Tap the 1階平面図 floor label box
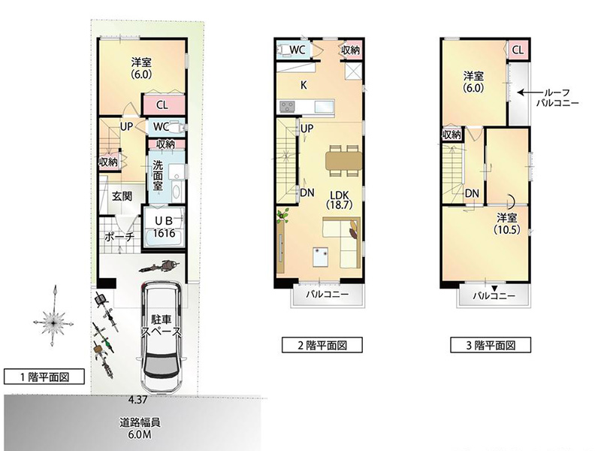click(x=44, y=377)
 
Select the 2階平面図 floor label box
click(x=322, y=345)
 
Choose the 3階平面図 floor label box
click(x=491, y=345)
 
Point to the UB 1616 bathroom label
click(x=164, y=227)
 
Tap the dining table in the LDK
click(x=344, y=160)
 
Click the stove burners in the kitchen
click(x=287, y=106)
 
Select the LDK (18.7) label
click(x=340, y=200)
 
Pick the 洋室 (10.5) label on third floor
click(x=506, y=223)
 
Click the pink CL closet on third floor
click(x=518, y=50)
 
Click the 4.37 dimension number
click(x=138, y=400)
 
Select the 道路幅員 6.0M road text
click(x=140, y=428)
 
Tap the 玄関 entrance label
click(x=122, y=196)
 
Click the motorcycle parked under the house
click(x=159, y=266)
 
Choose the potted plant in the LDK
click(x=283, y=216)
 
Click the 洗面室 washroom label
click(x=158, y=176)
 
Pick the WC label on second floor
click(x=297, y=50)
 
